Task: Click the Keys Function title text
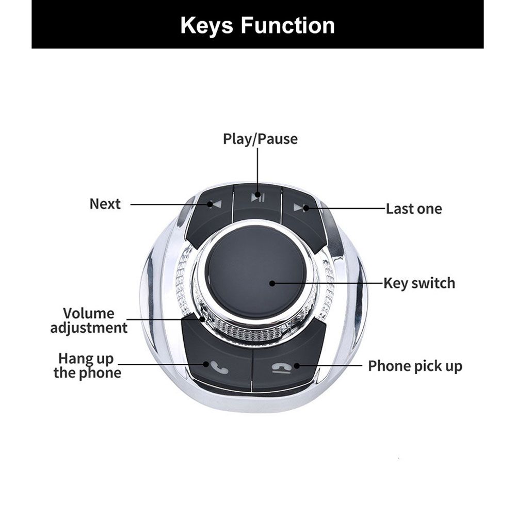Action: point(257,25)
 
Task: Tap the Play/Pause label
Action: point(260,139)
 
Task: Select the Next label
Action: point(105,204)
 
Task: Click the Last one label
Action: point(414,208)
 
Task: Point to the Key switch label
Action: point(419,283)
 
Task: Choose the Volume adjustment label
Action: point(89,320)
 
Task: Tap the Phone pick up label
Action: point(415,366)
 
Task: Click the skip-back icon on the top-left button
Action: point(216,205)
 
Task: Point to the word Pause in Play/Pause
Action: point(278,139)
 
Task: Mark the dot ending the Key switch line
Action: point(272,283)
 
